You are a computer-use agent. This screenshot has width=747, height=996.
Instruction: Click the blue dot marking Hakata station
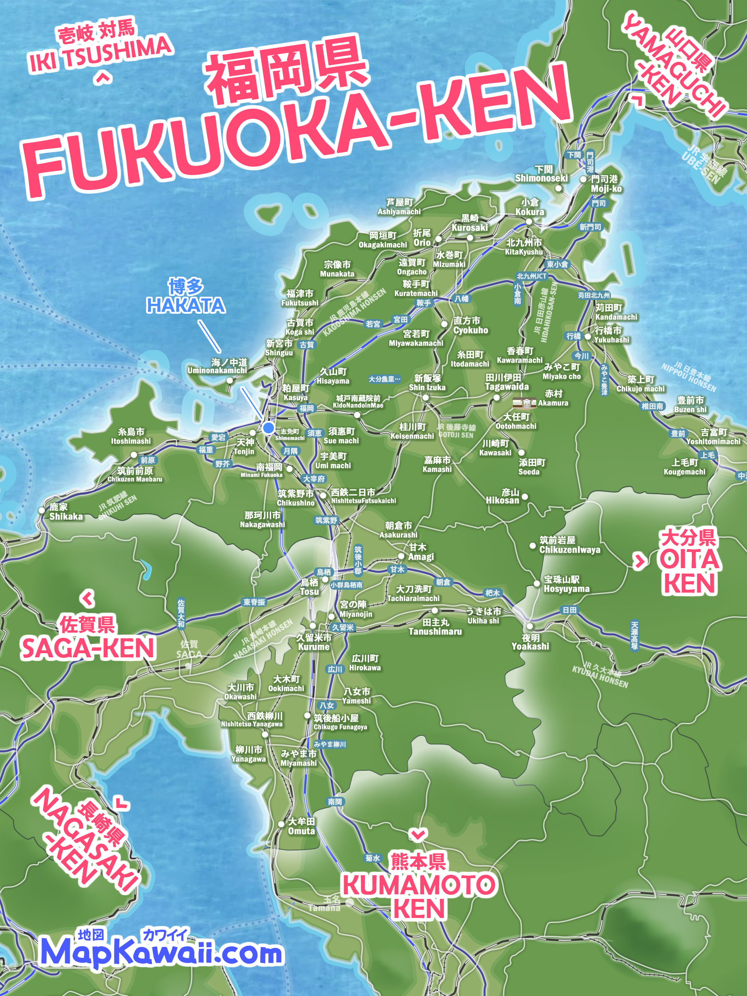[x=269, y=428]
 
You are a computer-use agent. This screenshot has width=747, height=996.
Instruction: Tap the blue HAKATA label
[x=186, y=305]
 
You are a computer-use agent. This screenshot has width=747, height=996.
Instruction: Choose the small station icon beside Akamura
[x=524, y=403]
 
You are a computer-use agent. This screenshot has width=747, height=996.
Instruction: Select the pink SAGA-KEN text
[x=88, y=648]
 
